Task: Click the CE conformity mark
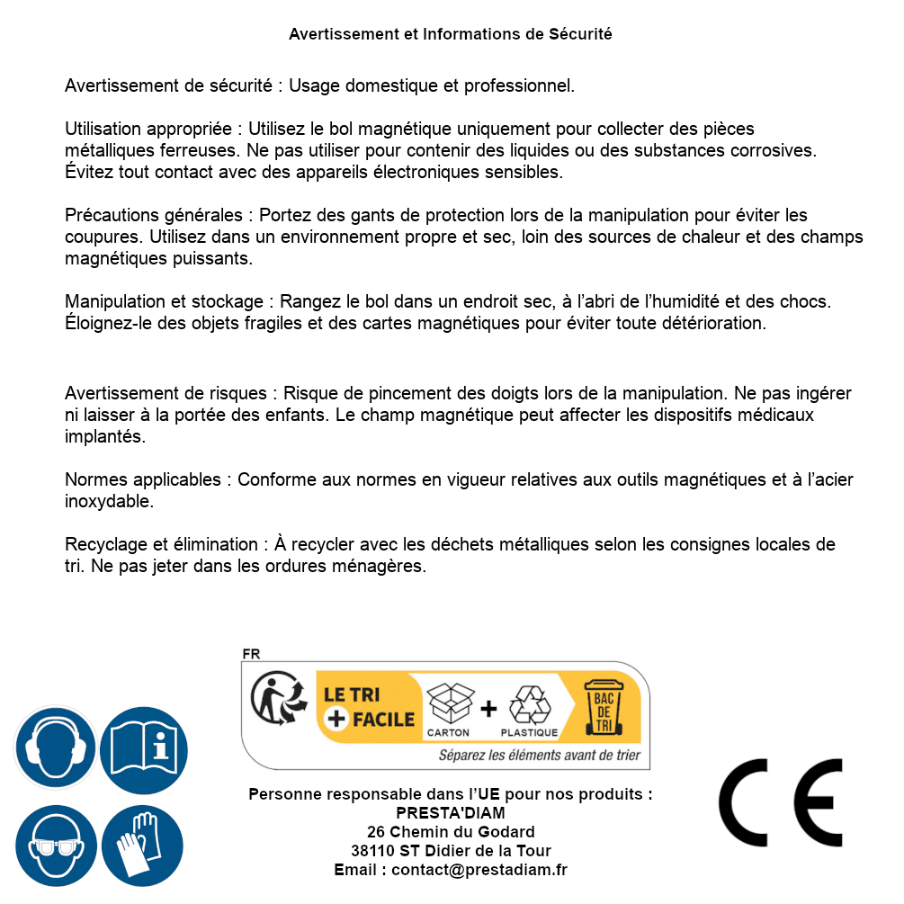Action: pyautogui.click(x=781, y=802)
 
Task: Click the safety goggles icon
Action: pyautogui.click(x=55, y=846)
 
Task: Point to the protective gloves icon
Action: pyautogui.click(x=142, y=846)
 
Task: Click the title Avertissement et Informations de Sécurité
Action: pyautogui.click(x=451, y=34)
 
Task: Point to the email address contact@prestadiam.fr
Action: pyautogui.click(x=479, y=870)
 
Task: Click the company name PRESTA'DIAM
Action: pyautogui.click(x=451, y=813)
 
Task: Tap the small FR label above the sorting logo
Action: pyautogui.click(x=251, y=654)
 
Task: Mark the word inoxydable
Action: pyautogui.click(x=110, y=502)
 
